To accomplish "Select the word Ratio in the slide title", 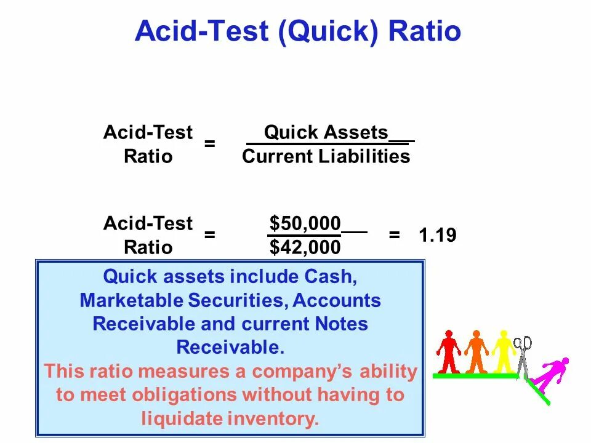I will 424,31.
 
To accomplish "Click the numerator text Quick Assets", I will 326,133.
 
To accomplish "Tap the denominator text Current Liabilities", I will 326,156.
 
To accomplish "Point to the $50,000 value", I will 305,223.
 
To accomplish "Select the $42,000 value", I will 305,247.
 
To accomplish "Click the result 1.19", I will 437,235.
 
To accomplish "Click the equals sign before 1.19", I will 394,235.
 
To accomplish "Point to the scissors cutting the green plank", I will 523,357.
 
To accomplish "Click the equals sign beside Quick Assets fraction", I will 210,144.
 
